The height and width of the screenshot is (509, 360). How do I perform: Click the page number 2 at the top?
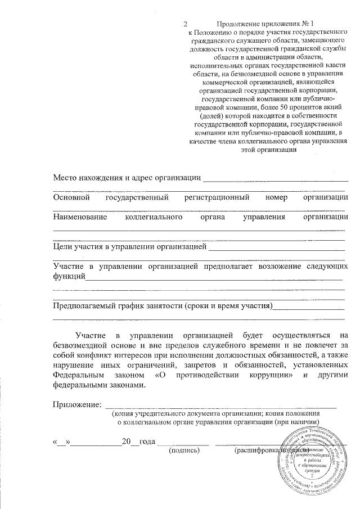pos(185,24)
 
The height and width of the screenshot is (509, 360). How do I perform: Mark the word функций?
pos(69,276)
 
